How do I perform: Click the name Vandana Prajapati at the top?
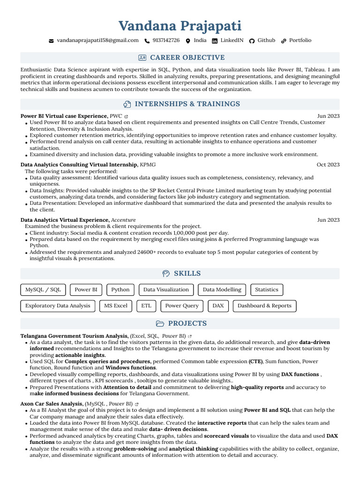(x=180, y=26)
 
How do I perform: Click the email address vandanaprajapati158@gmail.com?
(x=97, y=41)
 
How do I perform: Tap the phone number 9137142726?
(x=166, y=41)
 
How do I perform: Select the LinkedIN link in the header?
(x=232, y=41)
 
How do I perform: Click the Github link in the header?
(x=266, y=41)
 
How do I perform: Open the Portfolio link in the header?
(x=300, y=41)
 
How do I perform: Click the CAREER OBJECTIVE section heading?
(x=187, y=58)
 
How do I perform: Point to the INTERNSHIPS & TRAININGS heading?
(x=187, y=104)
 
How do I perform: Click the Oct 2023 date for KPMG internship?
(x=328, y=165)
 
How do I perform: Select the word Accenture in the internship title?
(x=123, y=220)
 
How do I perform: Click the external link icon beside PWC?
(x=127, y=116)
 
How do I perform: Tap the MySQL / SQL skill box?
(x=43, y=290)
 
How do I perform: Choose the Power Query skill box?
(x=182, y=306)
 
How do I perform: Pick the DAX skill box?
(x=218, y=306)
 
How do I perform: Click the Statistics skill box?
(x=267, y=290)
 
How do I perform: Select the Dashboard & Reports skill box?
(x=264, y=306)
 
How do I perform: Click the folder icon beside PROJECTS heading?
(x=160, y=324)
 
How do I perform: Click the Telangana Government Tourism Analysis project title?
(x=75, y=336)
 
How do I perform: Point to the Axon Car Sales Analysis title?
(x=52, y=404)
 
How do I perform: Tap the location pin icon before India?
(x=188, y=41)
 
